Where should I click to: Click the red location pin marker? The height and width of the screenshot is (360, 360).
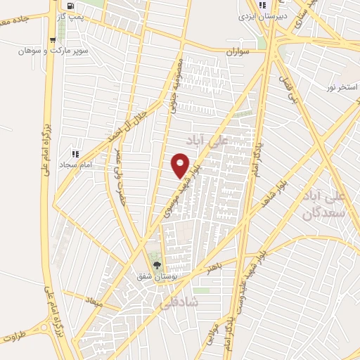pos(181,165)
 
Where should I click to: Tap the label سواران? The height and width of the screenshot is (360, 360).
pos(238,52)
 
